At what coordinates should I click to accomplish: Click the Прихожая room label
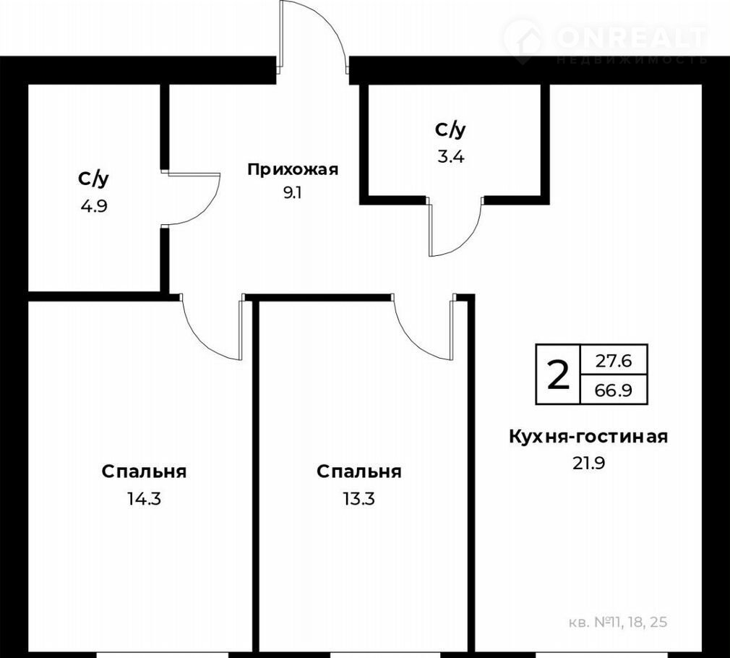pos(293,170)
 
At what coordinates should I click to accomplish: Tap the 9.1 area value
pos(293,193)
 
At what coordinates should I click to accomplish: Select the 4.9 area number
pos(94,206)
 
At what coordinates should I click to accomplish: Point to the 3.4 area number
pos(451,157)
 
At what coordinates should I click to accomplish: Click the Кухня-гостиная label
pos(588,437)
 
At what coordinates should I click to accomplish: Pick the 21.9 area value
pos(588,463)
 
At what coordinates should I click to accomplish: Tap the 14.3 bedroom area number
pos(144,499)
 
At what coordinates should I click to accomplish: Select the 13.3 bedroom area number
pos(359,499)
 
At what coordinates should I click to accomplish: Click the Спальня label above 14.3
pos(144,472)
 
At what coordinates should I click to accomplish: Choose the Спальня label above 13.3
pos(359,472)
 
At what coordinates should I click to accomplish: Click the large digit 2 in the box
pos(558,375)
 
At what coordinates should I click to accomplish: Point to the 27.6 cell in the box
pos(614,360)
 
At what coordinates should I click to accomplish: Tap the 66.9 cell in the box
pos(614,390)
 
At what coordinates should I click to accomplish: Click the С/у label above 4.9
pos(94,179)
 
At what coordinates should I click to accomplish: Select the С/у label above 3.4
pos(451,130)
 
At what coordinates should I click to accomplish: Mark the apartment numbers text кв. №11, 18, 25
pos(618,622)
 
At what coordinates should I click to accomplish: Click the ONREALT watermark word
pos(632,38)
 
